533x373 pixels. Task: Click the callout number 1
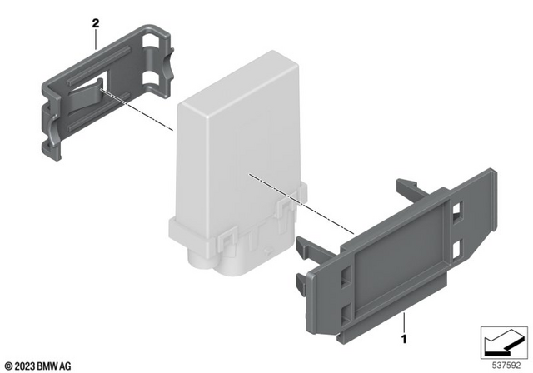coord(405,340)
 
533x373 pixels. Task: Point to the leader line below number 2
coord(98,42)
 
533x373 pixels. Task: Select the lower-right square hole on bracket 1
coord(459,247)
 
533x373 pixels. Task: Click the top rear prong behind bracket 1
coord(409,186)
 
